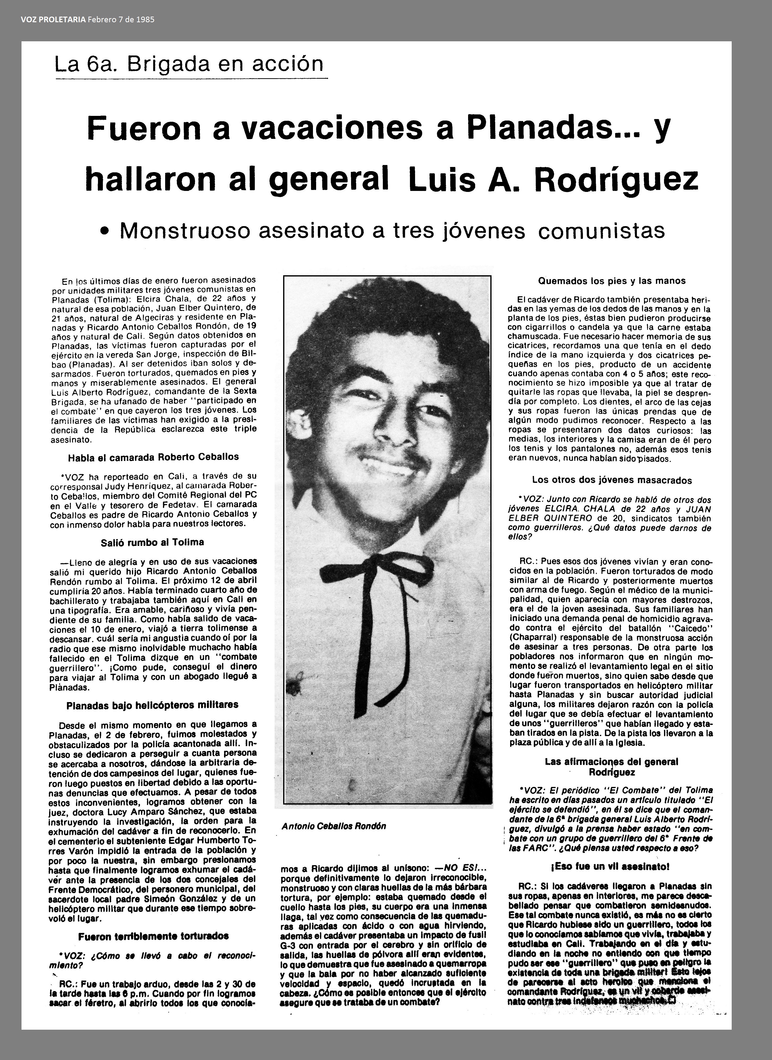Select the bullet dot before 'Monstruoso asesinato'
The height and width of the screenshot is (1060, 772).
point(107,231)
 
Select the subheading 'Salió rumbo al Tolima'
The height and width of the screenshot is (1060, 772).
point(152,542)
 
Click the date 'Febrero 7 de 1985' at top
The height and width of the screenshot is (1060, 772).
point(121,20)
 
